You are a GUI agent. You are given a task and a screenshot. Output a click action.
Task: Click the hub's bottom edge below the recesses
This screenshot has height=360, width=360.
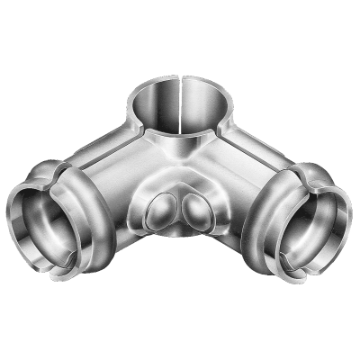click(x=180, y=238)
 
